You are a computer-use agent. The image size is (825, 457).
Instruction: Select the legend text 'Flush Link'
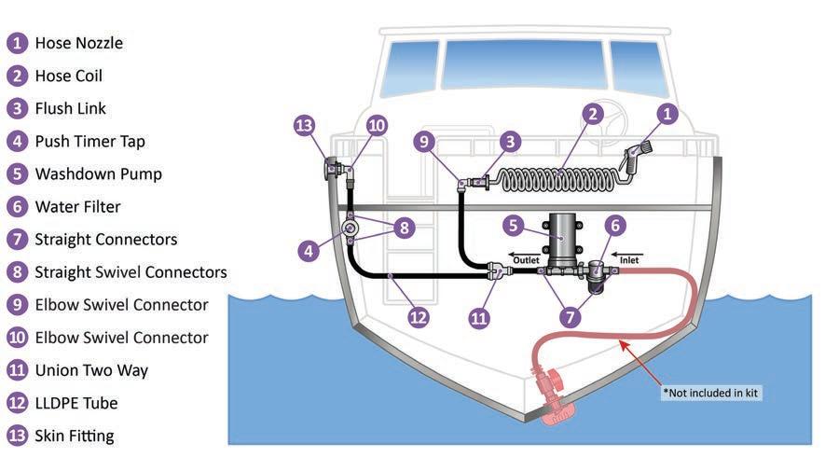tap(71, 108)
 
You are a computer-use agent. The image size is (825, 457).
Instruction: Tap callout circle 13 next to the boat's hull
tap(304, 126)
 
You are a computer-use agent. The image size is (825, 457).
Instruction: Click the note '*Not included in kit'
tap(711, 393)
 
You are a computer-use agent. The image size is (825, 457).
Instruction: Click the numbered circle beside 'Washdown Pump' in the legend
tap(17, 173)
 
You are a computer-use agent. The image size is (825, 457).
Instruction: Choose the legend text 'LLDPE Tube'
tap(76, 403)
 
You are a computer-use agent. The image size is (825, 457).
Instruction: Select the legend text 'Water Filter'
tap(77, 206)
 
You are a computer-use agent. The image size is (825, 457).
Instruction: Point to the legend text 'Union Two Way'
tap(91, 370)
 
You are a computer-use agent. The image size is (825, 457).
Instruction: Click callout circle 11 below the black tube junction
tap(479, 317)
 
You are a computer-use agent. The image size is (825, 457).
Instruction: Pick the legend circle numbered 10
tap(17, 338)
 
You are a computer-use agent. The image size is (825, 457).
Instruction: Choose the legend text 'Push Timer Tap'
tap(89, 141)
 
